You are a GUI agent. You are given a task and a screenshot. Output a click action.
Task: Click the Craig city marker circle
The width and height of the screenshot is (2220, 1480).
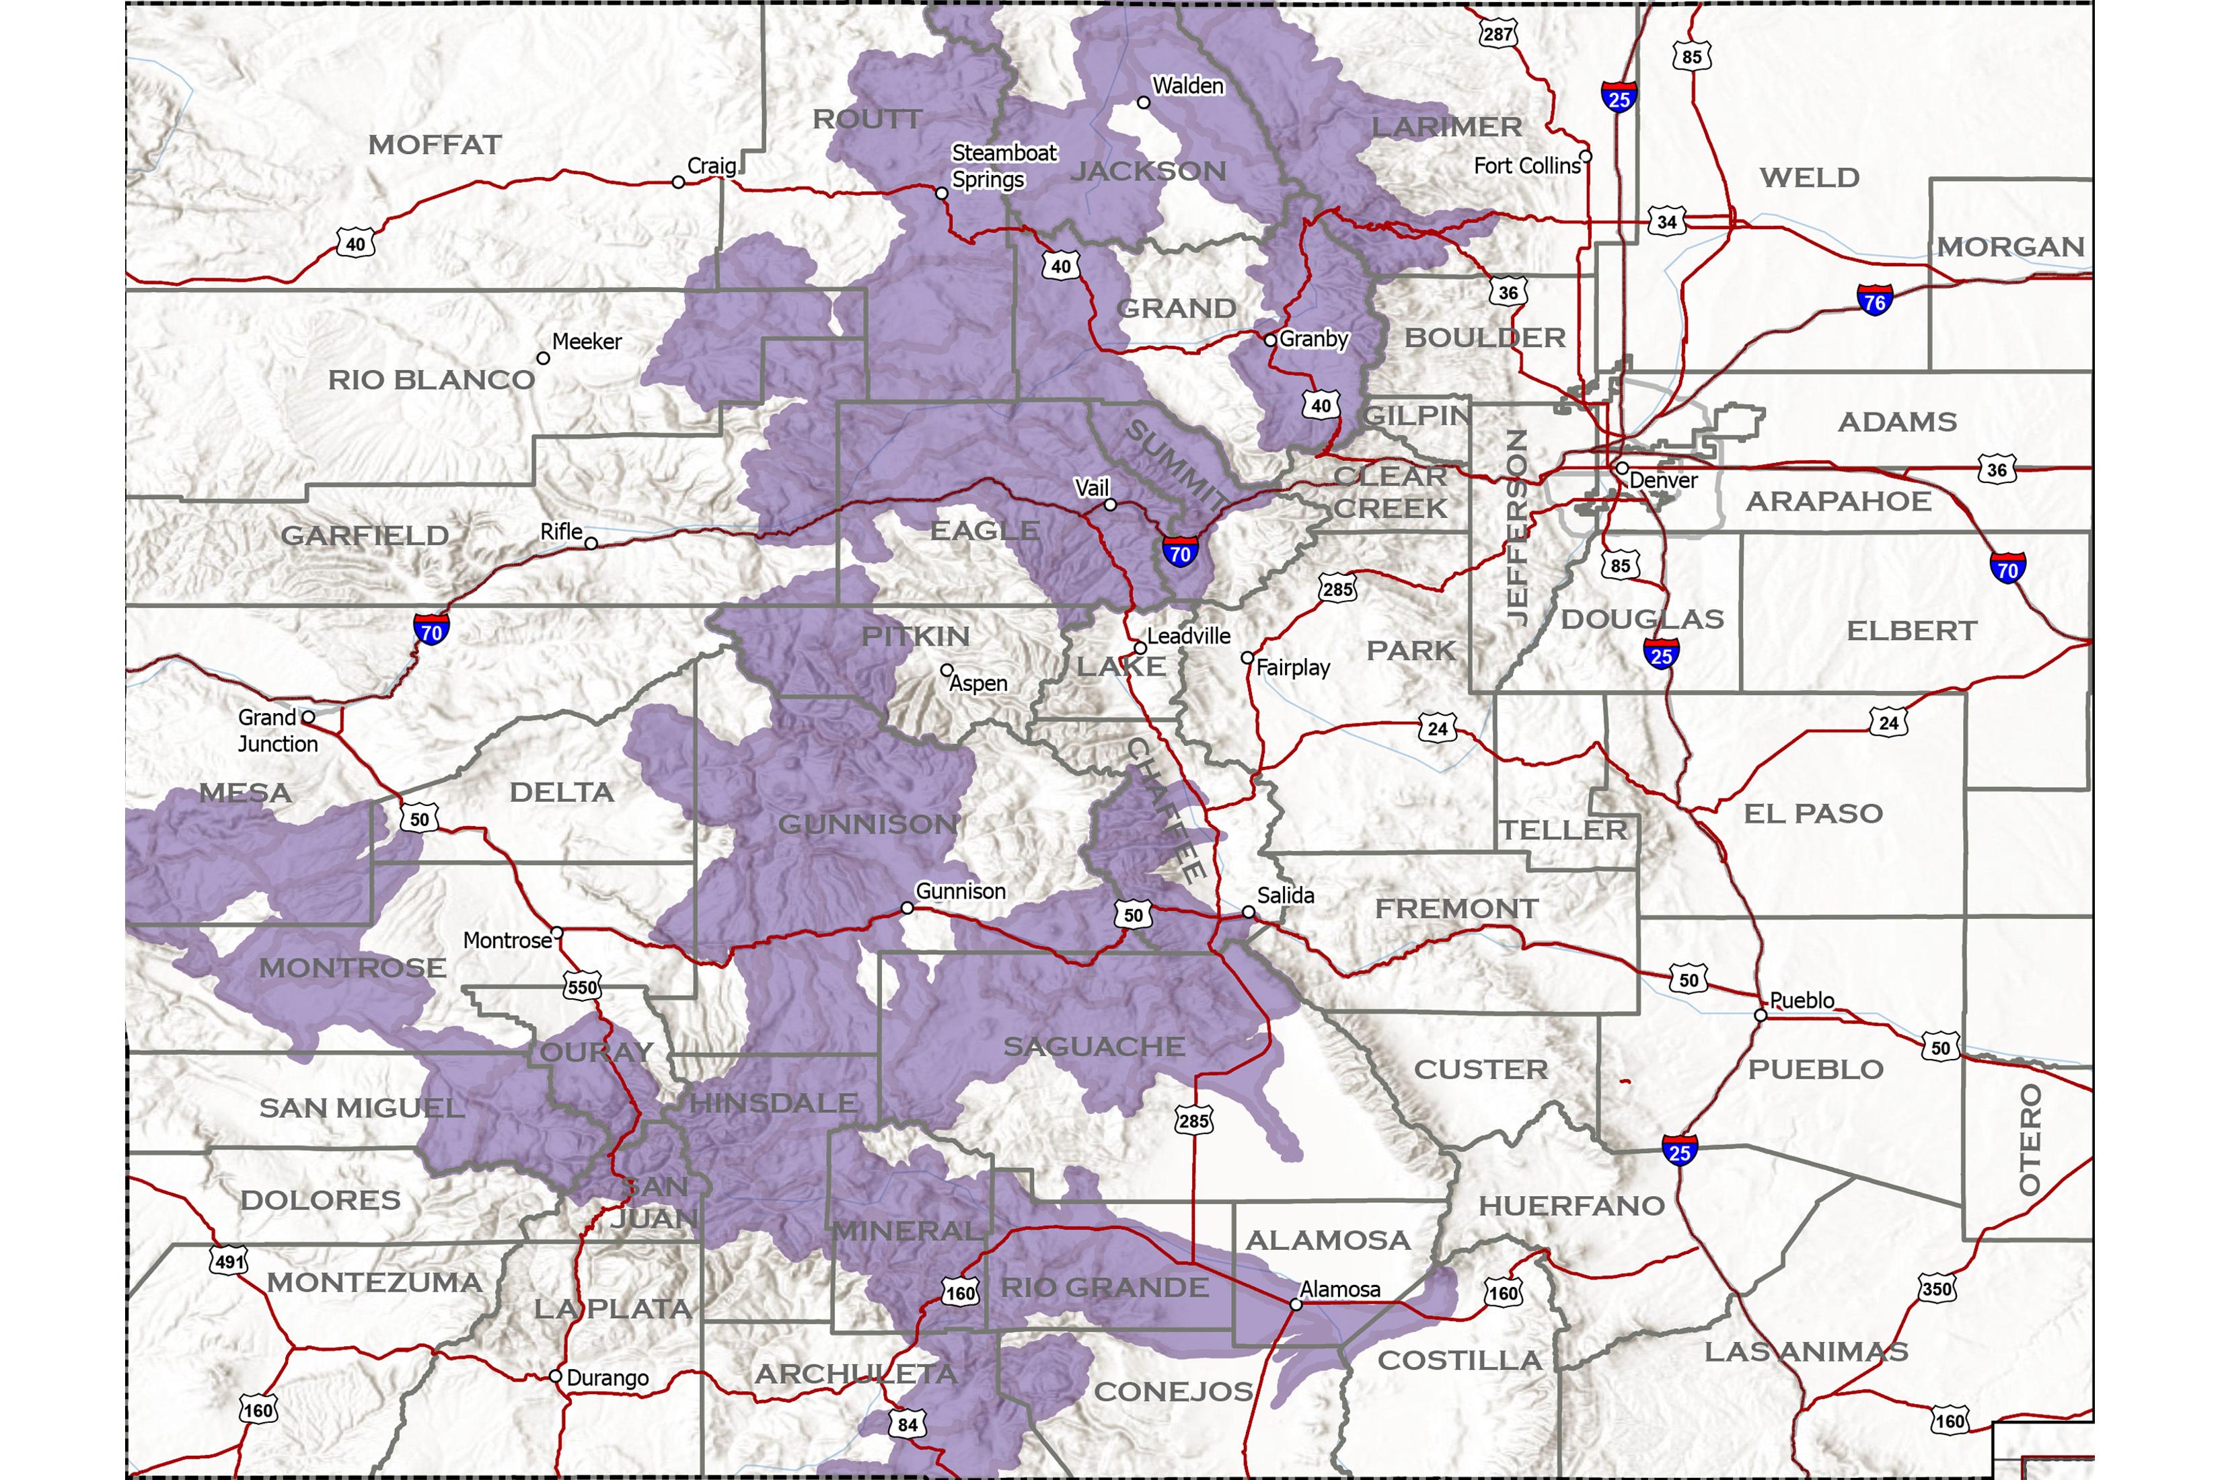(x=677, y=182)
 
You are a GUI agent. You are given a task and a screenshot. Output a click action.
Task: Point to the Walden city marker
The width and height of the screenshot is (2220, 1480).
(x=1143, y=102)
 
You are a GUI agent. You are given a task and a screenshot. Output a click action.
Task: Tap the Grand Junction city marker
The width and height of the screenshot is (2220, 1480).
(x=307, y=717)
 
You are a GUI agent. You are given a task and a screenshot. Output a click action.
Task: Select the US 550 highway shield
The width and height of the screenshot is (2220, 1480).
(x=581, y=988)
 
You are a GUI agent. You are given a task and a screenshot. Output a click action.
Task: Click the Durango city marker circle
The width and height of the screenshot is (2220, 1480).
(x=556, y=1376)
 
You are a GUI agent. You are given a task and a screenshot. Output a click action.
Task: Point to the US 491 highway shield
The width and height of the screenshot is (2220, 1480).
(x=229, y=1261)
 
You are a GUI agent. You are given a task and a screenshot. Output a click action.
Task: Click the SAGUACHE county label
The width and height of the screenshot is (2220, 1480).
(x=1093, y=1047)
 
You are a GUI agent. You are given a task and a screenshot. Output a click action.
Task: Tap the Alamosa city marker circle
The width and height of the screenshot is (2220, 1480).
(x=1296, y=1304)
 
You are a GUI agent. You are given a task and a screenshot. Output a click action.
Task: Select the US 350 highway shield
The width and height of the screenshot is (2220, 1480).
(x=1937, y=1288)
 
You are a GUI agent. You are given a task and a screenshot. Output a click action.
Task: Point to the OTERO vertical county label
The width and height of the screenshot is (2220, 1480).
(x=2030, y=1138)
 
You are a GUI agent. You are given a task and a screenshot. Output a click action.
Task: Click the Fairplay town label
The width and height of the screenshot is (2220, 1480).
(x=1292, y=668)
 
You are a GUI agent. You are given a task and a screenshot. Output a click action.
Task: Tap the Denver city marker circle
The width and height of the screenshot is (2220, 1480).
(x=1621, y=468)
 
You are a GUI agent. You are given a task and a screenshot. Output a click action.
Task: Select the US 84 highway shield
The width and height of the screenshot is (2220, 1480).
(x=907, y=1423)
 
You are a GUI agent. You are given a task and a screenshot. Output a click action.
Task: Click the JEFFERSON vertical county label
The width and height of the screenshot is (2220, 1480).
(x=1516, y=527)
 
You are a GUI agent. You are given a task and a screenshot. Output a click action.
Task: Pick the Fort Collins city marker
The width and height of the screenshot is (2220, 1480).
(x=1586, y=156)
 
